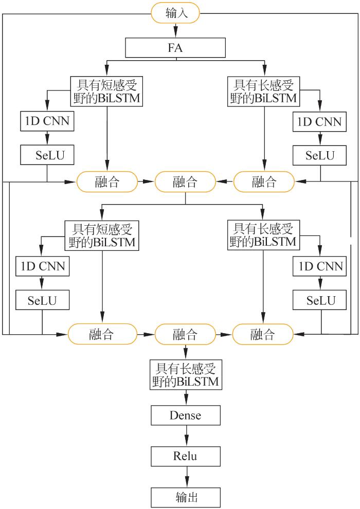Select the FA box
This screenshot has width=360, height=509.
(176, 49)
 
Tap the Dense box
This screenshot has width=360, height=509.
(186, 415)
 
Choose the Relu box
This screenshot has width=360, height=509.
(186, 456)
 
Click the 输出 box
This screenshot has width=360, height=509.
(186, 497)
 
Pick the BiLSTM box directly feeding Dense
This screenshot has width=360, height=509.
(186, 375)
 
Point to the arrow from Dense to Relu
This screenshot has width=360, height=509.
(186, 435)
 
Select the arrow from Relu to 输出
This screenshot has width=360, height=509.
(186, 477)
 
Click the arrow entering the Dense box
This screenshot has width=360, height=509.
(186, 396)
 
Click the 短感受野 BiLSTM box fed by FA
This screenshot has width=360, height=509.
(106, 90)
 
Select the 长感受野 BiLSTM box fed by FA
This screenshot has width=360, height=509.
(265, 90)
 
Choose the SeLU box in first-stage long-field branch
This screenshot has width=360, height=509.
(320, 155)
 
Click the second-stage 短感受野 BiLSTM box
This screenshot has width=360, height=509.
(101, 235)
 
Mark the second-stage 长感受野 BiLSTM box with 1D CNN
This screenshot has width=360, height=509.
(263, 235)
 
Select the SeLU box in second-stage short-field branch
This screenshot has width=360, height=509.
(42, 300)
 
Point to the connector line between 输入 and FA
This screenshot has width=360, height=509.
(176, 31)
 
